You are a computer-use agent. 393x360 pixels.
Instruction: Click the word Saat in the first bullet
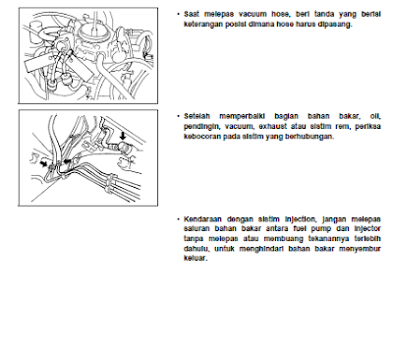(194, 14)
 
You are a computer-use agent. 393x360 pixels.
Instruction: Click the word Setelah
(198, 115)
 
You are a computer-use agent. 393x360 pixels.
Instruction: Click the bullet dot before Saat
(177, 14)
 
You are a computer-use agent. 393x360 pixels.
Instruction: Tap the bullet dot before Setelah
(177, 115)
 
